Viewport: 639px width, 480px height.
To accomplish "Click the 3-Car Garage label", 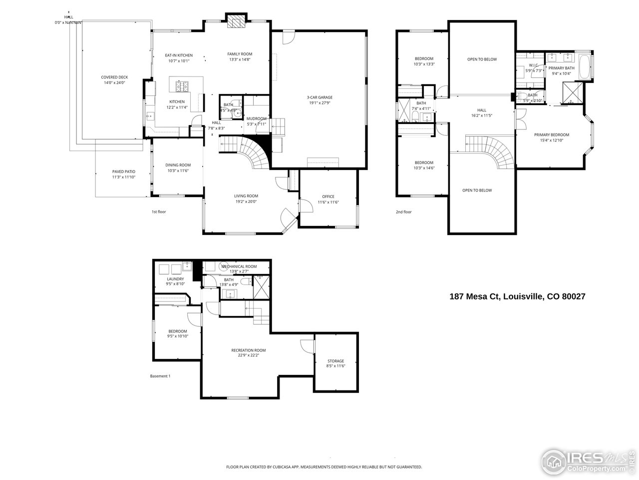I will pos(319,97).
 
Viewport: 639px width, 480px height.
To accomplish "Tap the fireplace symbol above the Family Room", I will pos(236,22).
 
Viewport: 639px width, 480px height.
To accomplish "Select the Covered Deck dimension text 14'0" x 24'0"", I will pos(114,83).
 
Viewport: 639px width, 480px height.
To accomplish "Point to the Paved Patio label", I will pos(124,171).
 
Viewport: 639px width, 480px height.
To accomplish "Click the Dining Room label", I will pos(178,165).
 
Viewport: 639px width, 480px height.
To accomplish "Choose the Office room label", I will pos(328,196).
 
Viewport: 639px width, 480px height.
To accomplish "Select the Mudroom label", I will pos(257,118).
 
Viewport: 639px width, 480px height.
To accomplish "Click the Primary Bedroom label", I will pos(551,134).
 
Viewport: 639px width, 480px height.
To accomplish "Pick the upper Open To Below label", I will pos(482,59).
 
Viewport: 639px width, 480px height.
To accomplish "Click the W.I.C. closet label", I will pos(533,65).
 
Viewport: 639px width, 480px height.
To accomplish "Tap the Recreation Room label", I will pos(248,350).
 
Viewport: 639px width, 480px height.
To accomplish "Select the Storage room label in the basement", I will pos(335,361).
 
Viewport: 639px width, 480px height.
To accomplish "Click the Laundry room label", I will pos(175,279).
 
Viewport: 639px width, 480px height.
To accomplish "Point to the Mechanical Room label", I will pos(239,266).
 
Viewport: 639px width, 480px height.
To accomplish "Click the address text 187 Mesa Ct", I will pos(475,296).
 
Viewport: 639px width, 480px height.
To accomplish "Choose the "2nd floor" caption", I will pos(403,212).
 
